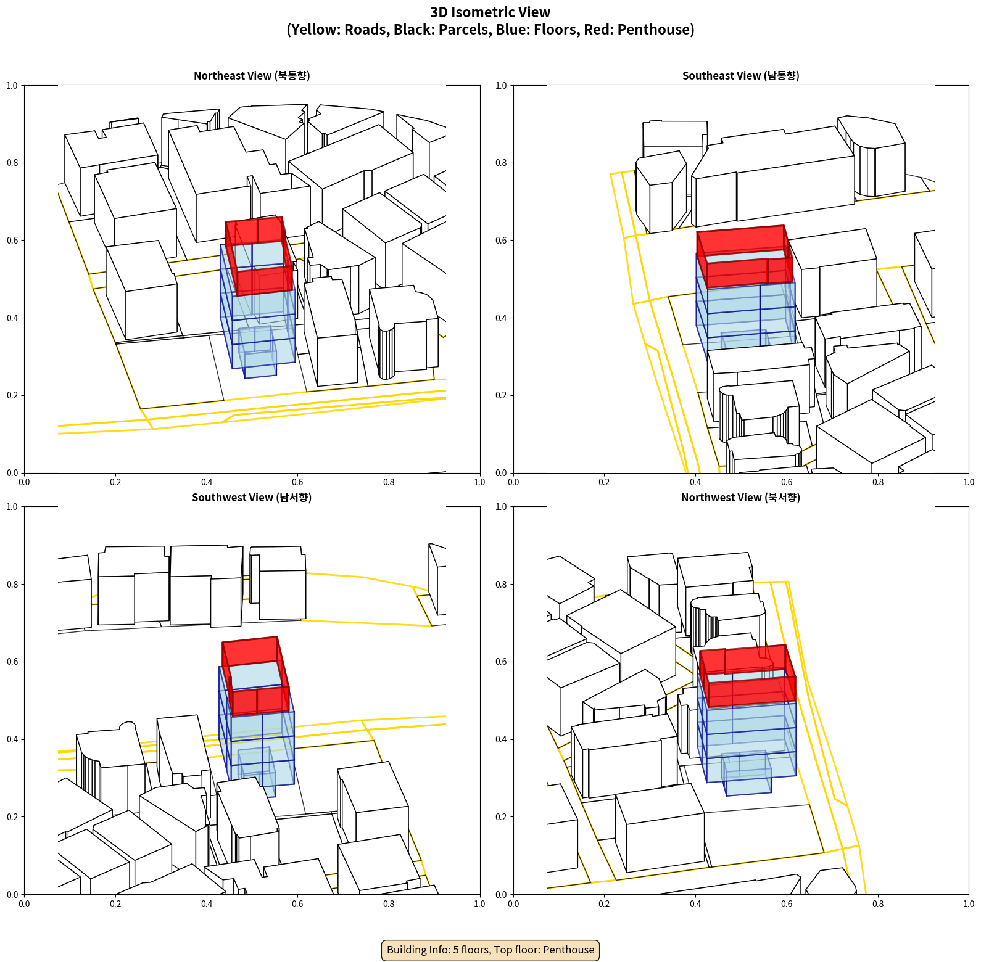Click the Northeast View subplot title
(252, 75)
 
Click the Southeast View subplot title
(740, 75)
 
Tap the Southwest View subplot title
(252, 497)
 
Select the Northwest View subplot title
(740, 497)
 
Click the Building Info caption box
(490, 950)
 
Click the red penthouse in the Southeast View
(745, 255)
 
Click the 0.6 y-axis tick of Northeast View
(12, 240)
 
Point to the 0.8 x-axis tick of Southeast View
(878, 482)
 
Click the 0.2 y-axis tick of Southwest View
(12, 817)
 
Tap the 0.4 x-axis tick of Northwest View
(695, 903)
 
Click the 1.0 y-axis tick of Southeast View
(502, 86)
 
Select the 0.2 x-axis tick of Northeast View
(115, 482)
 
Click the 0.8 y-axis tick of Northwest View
(502, 585)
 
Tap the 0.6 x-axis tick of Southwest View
(297, 903)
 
